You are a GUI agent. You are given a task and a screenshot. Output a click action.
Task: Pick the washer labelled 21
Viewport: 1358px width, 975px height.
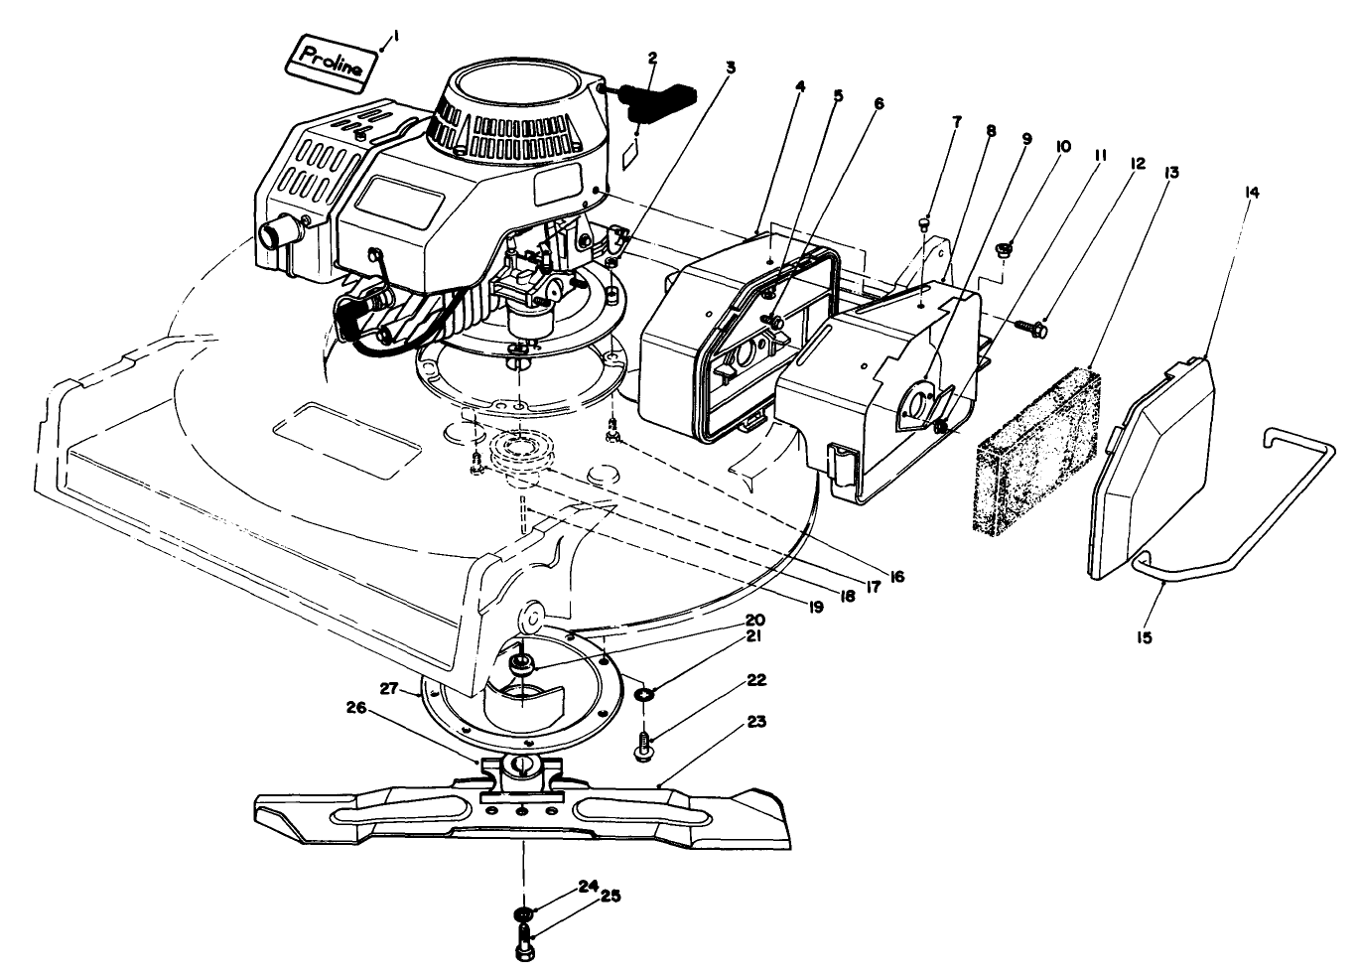coord(643,693)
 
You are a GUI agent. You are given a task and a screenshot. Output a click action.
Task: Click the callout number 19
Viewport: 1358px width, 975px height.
coord(816,606)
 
